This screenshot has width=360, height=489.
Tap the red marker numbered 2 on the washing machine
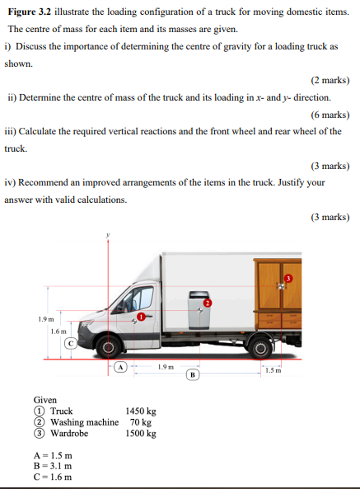coord(208,303)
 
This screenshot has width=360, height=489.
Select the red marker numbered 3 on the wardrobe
coord(289,278)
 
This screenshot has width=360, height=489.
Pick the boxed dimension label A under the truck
coord(120,368)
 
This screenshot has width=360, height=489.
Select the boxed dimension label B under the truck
coord(192,374)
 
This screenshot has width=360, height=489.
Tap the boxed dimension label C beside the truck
coord(71,342)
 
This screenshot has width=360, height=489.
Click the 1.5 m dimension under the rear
coord(274,370)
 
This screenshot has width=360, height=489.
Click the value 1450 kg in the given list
coord(141,411)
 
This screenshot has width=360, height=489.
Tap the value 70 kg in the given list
coord(141,422)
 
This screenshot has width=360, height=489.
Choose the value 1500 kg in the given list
coord(141,433)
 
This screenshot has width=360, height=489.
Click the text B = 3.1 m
coord(53,466)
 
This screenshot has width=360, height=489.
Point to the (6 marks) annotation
coord(330,115)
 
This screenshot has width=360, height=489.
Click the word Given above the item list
coord(45,400)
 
